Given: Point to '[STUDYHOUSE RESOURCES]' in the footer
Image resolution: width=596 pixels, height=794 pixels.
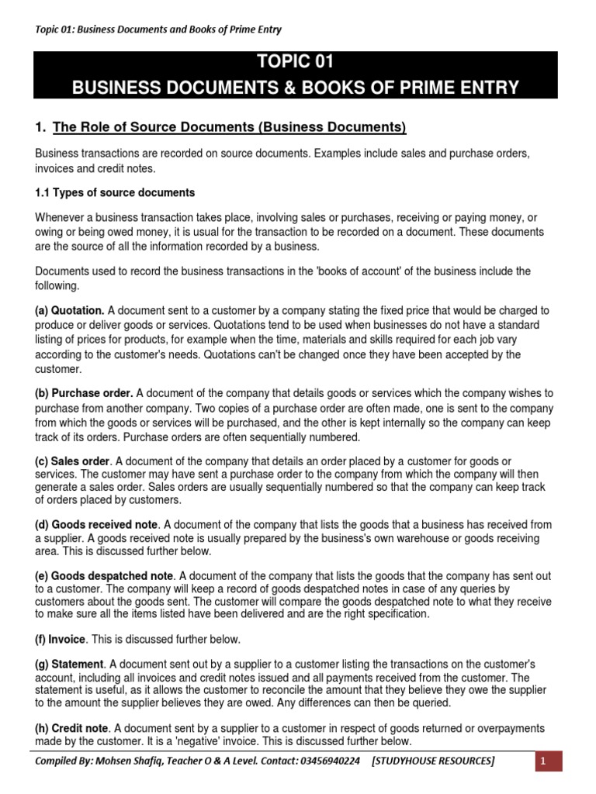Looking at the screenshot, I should (433, 762).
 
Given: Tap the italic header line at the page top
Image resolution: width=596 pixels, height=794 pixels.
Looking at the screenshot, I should (158, 29).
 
